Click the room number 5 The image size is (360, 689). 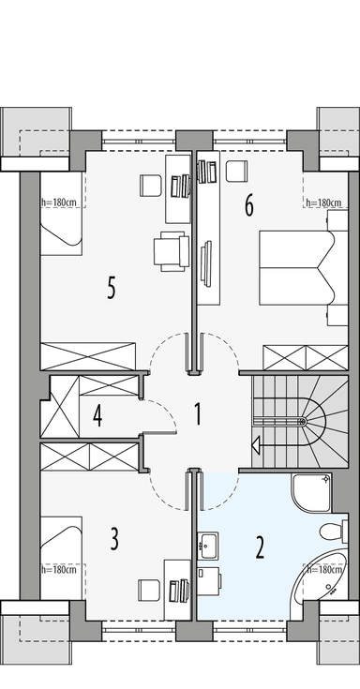click(111, 288)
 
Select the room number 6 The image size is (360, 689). click(249, 204)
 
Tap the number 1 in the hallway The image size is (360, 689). click(198, 413)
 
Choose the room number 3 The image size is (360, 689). click(114, 539)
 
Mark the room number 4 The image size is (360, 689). click(97, 415)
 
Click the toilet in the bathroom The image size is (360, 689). click(330, 532)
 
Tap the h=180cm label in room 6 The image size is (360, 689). click(322, 202)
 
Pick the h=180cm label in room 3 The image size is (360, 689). click(59, 568)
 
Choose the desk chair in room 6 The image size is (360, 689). click(236, 171)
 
